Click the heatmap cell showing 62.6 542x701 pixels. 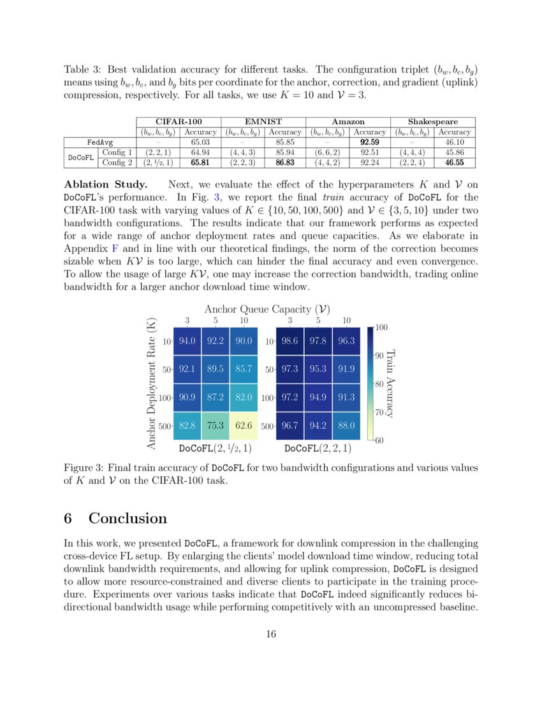(243, 426)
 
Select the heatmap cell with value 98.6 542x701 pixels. (289, 342)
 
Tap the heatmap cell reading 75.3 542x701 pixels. (215, 426)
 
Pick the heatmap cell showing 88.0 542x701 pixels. (346, 426)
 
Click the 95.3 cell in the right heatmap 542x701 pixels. (318, 370)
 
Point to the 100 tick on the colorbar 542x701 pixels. (381, 328)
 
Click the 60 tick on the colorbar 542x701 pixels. (379, 440)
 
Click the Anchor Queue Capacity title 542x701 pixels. (267, 308)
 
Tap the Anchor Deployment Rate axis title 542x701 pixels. (152, 383)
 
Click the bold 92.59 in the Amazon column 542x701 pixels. (370, 142)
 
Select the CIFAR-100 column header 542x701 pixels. (179, 122)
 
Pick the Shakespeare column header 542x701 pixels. (433, 122)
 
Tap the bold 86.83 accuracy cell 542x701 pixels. (284, 163)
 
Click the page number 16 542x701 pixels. (271, 633)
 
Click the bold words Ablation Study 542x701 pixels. (105, 185)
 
